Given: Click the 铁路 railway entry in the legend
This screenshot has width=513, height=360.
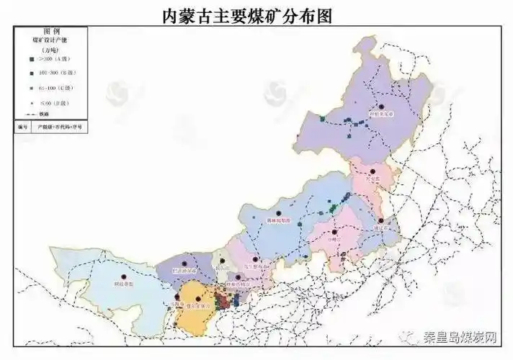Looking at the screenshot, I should point(43,114).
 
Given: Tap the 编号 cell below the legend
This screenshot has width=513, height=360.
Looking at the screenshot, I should point(22,126).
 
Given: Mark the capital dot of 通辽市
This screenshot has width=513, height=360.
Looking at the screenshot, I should point(380,220).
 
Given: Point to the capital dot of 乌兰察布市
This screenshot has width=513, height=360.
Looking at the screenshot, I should point(256,259).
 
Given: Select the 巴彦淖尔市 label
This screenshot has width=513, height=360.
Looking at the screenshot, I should point(186,271).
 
